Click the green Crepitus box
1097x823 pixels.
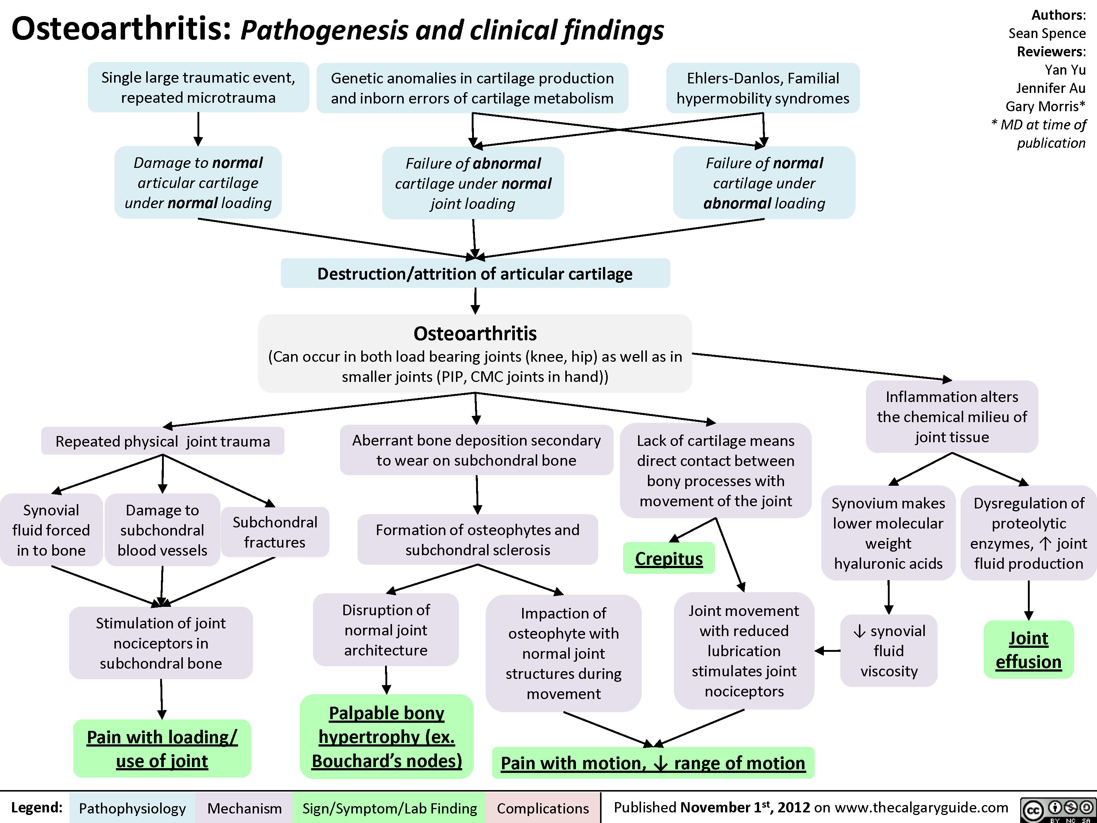pyautogui.click(x=668, y=559)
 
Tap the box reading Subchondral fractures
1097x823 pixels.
pyautogui.click(x=275, y=532)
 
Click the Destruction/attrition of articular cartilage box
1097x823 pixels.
pyautogui.click(x=475, y=273)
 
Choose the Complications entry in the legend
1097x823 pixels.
pyautogui.click(x=543, y=808)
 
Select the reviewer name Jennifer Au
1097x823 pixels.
pyautogui.click(x=1051, y=88)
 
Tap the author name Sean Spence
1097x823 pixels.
pyautogui.click(x=1047, y=33)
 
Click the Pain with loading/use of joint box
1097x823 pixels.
pyautogui.click(x=162, y=749)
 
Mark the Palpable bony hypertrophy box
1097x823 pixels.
pyautogui.click(x=387, y=737)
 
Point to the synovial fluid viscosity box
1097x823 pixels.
pyautogui.click(x=889, y=650)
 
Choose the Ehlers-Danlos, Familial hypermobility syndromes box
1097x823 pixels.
pyautogui.click(x=763, y=88)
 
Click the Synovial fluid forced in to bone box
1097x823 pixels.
pyautogui.click(x=51, y=530)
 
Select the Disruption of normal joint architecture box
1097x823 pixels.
pyautogui.click(x=386, y=630)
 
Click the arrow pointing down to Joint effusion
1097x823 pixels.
pyautogui.click(x=1029, y=600)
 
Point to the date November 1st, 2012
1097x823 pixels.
pyautogui.click(x=745, y=808)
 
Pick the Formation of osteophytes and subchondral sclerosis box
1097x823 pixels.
pyautogui.click(x=478, y=540)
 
